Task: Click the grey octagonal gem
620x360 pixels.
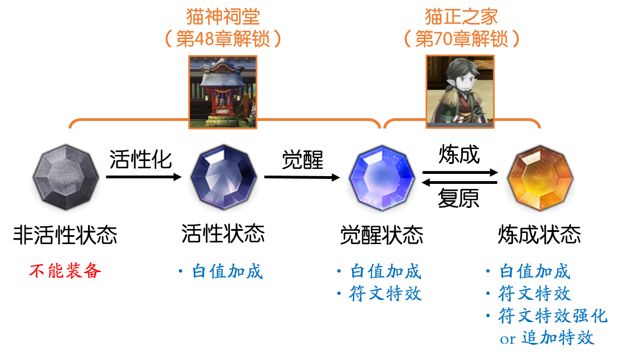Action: [66, 178]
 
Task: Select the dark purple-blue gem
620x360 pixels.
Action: [223, 178]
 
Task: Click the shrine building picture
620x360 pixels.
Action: [223, 92]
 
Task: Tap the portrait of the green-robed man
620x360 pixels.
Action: [460, 92]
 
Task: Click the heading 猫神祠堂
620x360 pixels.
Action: [223, 17]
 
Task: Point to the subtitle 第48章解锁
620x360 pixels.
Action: [223, 39]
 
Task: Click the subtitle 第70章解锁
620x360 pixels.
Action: [461, 39]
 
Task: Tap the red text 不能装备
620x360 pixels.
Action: [65, 271]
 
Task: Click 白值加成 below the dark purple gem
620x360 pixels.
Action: [227, 271]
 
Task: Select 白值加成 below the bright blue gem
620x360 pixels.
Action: [385, 271]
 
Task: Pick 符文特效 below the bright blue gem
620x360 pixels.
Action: [385, 294]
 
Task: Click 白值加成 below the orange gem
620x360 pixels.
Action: [535, 271]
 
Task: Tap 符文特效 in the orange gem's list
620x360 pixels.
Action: [535, 294]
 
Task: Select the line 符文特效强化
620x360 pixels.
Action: [553, 316]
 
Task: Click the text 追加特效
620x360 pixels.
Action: [558, 338]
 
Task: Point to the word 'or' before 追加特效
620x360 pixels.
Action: [508, 339]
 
